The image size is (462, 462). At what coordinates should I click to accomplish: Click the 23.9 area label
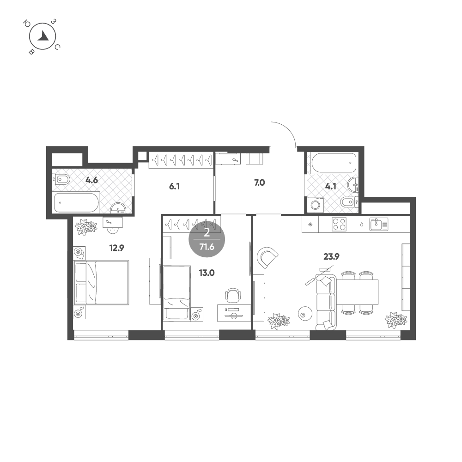tap(331, 256)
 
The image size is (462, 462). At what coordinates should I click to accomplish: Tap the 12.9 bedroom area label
tap(117, 248)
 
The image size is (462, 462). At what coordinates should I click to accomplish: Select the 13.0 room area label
tap(207, 273)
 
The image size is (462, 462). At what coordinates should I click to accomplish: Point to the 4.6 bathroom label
tap(91, 180)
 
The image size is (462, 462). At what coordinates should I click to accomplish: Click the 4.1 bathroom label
tap(331, 186)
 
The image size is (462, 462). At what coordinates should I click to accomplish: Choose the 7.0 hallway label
tap(259, 182)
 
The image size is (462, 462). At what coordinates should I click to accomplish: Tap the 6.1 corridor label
tap(175, 186)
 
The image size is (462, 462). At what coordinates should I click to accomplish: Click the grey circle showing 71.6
tap(207, 239)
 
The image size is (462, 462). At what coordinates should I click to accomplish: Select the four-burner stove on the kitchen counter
tap(339, 224)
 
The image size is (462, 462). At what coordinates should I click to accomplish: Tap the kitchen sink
tap(379, 224)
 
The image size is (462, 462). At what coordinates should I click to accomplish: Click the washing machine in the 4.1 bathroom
tap(316, 205)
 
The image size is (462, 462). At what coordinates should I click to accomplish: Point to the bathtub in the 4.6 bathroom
tap(76, 202)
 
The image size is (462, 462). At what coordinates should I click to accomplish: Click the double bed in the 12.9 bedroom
tap(101, 283)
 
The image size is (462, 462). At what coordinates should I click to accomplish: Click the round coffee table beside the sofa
tap(305, 315)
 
